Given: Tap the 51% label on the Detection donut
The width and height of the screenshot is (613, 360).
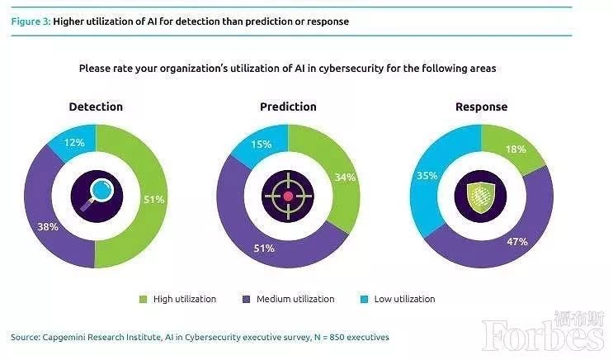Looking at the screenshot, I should pyautogui.click(x=153, y=199).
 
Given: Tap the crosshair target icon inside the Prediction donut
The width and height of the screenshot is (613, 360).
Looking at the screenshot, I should pyautogui.click(x=288, y=196).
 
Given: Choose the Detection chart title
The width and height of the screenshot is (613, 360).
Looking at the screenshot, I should pyautogui.click(x=96, y=107).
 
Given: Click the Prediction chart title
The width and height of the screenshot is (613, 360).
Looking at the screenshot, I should pyautogui.click(x=288, y=107).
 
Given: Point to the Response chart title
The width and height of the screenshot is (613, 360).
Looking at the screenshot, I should pyautogui.click(x=481, y=107).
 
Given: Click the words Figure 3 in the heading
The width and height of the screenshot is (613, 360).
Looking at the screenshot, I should pyautogui.click(x=30, y=21).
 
